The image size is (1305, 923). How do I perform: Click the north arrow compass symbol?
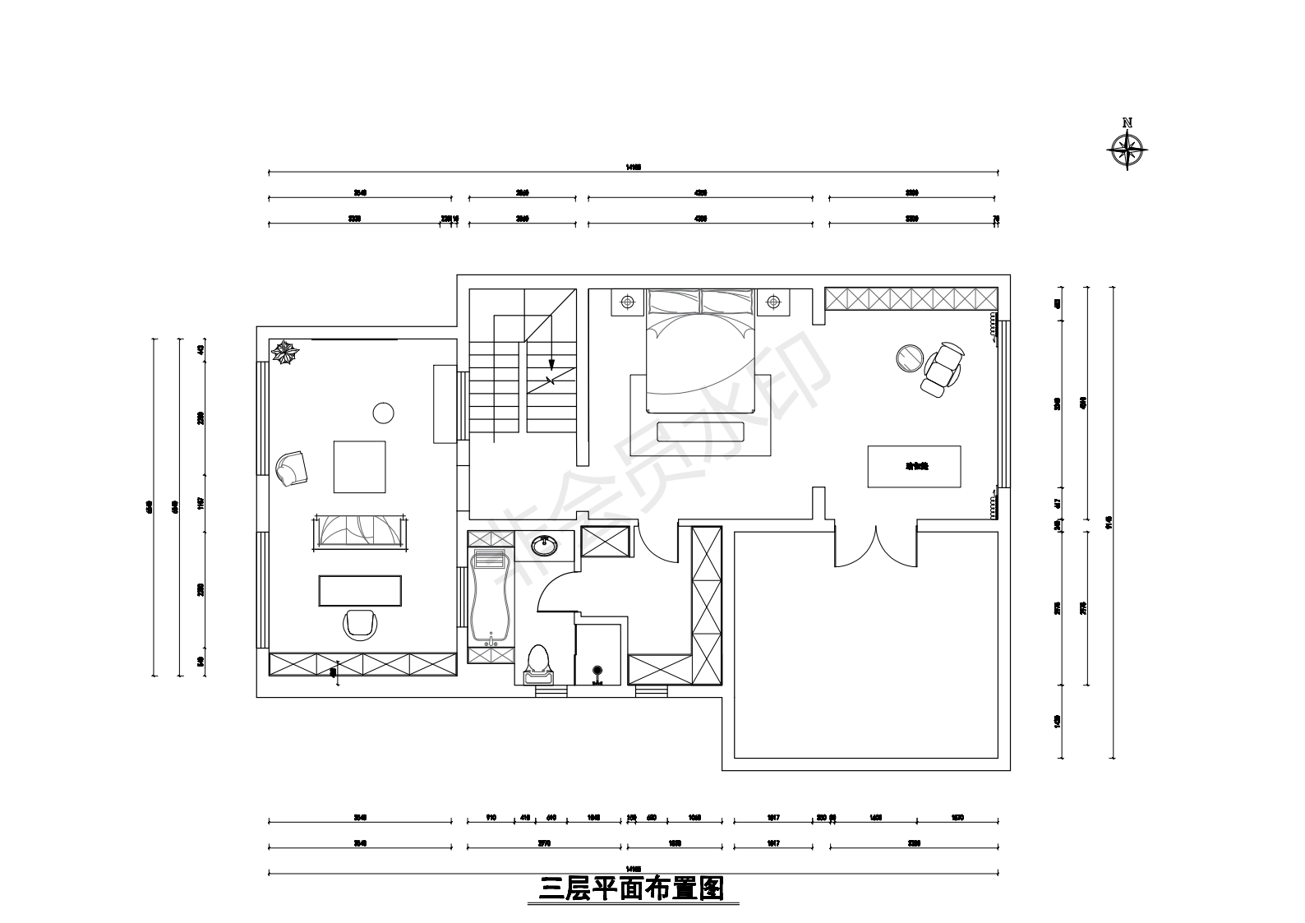[x=1127, y=149]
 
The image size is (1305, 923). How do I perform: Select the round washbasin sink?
[x=543, y=544]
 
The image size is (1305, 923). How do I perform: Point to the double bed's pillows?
[x=700, y=302]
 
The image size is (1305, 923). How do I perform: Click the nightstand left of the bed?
[x=628, y=302]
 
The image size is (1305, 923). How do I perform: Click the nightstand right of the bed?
[x=772, y=302]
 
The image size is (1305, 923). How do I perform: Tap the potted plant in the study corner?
[x=286, y=353]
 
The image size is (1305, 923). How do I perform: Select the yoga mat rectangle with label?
[x=915, y=466]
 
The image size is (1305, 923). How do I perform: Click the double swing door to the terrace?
[x=876, y=547]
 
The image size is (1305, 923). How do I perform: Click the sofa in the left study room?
[x=358, y=531]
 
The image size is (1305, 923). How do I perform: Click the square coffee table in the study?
[x=359, y=466]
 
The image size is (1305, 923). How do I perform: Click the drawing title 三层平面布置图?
[x=631, y=888]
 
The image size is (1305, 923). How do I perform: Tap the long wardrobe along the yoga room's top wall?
[x=911, y=298]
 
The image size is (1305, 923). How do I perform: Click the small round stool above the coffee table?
[x=383, y=413]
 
